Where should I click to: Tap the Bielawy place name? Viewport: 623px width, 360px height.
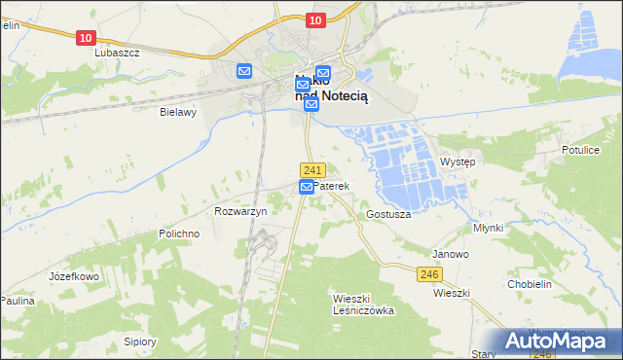(x=178, y=112)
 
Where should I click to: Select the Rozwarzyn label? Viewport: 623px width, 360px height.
(x=239, y=211)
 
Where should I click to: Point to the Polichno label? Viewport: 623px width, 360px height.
(x=179, y=234)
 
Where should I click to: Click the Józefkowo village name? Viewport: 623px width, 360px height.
(x=75, y=276)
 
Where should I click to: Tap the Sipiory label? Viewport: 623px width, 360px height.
(x=140, y=342)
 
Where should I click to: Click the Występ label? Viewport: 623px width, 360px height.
(x=458, y=162)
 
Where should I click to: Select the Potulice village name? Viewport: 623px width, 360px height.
(x=580, y=151)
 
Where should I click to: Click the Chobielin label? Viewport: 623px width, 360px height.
(x=531, y=284)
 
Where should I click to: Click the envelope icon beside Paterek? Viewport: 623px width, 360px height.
(x=306, y=186)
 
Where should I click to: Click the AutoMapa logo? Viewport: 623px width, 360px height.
(x=559, y=341)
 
